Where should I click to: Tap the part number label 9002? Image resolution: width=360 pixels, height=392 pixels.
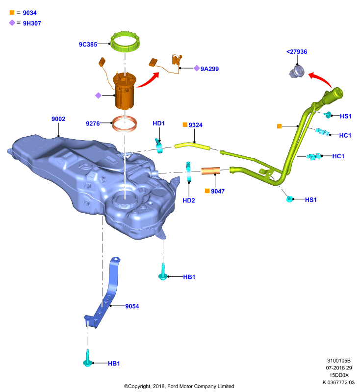(x=58, y=119)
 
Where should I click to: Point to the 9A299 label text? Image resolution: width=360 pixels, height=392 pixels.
(x=209, y=69)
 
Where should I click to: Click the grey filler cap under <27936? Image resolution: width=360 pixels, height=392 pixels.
(x=297, y=72)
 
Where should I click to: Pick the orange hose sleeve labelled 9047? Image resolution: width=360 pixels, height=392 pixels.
(x=210, y=171)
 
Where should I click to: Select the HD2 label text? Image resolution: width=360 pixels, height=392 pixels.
(x=189, y=200)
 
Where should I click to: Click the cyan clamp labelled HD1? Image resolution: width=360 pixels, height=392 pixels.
(x=158, y=146)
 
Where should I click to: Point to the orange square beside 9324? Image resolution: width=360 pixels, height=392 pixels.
(x=185, y=124)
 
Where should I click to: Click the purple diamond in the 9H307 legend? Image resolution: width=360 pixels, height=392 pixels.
(x=12, y=23)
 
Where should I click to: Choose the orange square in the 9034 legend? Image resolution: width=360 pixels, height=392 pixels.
(x=12, y=12)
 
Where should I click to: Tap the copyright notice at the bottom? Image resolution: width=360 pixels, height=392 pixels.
(x=179, y=386)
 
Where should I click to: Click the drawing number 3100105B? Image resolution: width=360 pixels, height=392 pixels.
(x=339, y=361)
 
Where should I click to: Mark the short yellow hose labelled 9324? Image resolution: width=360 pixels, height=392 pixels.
(x=192, y=146)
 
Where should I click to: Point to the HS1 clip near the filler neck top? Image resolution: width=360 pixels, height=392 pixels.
(x=328, y=115)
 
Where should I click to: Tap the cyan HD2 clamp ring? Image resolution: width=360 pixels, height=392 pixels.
(x=188, y=172)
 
